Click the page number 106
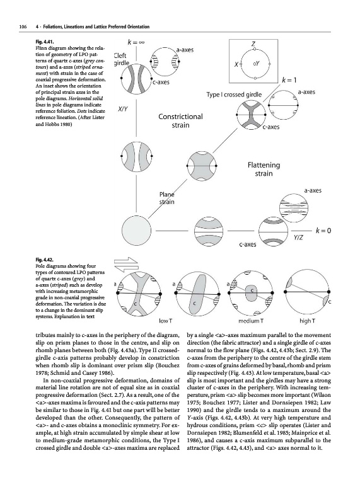23,26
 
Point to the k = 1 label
289,80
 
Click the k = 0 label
323,231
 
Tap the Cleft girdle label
121,59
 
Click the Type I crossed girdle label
234,94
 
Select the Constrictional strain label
180,120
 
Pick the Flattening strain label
264,169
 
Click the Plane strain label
167,198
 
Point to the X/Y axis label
122,109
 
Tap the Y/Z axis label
298,238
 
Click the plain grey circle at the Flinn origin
136,231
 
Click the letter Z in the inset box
253,43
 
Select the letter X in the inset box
236,64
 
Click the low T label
166,321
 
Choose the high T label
307,321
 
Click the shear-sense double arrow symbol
126,263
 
